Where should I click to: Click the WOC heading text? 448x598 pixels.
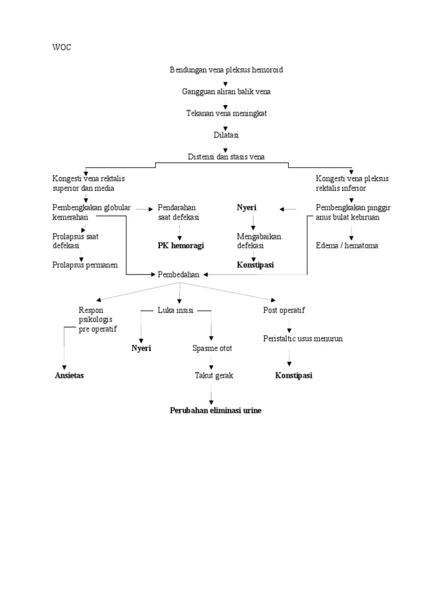coord(62,47)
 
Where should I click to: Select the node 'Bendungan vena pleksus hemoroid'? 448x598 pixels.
coord(226,70)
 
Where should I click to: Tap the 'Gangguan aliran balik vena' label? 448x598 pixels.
coord(226,92)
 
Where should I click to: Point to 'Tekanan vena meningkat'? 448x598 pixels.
coord(226,113)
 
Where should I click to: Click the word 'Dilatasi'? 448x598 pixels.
coord(226,135)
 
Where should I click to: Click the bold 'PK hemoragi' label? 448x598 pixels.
coord(181,246)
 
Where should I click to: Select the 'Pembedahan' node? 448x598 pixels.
coord(179,274)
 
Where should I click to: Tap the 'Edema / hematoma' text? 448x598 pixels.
coord(346,246)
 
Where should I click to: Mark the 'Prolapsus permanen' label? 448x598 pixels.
coord(85,265)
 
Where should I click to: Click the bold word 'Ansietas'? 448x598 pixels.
coord(69,376)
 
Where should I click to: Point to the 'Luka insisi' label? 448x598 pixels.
coord(176,311)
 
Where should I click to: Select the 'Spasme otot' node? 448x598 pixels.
coord(212,349)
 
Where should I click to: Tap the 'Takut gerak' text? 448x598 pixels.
coord(213,376)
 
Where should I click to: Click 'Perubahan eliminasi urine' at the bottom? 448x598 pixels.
coord(216,411)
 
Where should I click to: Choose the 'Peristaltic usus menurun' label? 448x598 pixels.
coord(303,339)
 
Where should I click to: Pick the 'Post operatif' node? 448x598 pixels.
coord(284,311)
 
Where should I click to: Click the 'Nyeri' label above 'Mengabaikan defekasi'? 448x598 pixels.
coord(247,208)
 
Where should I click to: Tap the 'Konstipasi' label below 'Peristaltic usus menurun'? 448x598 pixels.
coord(293,376)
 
